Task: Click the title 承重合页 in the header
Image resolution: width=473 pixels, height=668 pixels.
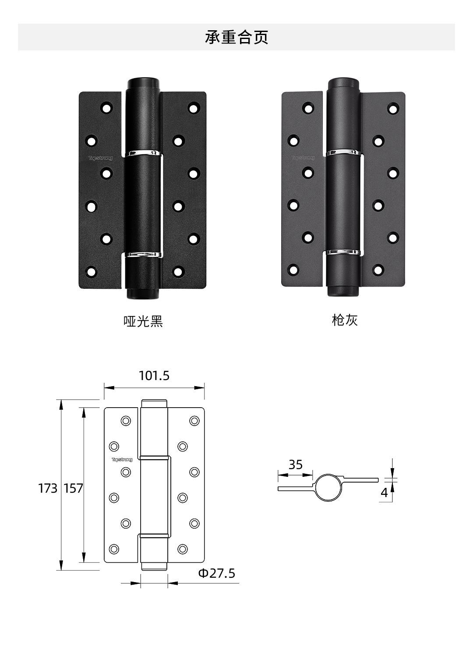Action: (236, 37)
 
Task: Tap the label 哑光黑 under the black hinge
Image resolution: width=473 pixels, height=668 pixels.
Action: (143, 322)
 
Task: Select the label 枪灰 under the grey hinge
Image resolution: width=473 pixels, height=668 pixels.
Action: (345, 320)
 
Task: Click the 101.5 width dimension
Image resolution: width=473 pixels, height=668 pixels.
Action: (154, 376)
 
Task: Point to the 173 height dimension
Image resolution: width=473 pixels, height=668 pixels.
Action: (47, 488)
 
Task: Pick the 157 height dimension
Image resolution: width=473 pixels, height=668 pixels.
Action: (73, 488)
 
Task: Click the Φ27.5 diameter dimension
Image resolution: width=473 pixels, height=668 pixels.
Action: (217, 573)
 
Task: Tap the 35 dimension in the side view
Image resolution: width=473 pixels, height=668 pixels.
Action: (296, 465)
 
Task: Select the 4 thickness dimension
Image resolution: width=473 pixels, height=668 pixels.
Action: (384, 493)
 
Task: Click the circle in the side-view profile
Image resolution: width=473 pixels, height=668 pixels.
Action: (328, 487)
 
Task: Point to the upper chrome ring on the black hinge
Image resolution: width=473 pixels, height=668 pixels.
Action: (144, 153)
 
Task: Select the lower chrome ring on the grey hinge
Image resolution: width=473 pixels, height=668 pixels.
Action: (344, 252)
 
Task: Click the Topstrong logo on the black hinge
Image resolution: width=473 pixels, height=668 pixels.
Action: (101, 158)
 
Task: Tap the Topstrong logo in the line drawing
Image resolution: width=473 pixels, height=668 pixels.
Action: (122, 460)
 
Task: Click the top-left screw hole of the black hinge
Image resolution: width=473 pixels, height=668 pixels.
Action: (106, 108)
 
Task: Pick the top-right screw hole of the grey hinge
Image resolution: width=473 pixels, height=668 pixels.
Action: (393, 108)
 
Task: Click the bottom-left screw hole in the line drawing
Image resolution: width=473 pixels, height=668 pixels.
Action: (114, 549)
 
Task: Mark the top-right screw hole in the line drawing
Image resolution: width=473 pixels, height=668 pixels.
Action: (194, 421)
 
